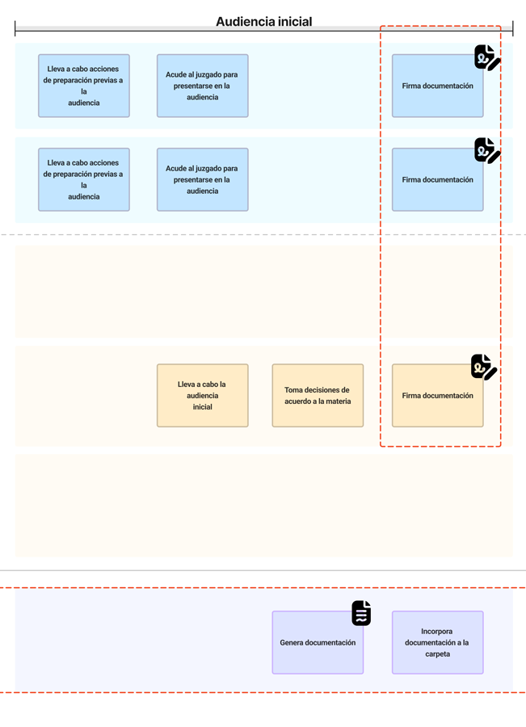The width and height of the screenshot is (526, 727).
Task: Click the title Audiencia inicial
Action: (x=263, y=22)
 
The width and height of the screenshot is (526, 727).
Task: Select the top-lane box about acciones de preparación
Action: (x=84, y=86)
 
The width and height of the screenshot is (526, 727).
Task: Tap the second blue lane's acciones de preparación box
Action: (x=84, y=179)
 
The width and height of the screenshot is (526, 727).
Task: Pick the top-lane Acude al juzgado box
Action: (x=202, y=86)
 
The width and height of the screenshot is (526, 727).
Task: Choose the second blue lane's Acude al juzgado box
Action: (x=202, y=179)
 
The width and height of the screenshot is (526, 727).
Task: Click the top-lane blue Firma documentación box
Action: (x=437, y=86)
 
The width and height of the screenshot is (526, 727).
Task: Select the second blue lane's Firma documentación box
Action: (x=437, y=179)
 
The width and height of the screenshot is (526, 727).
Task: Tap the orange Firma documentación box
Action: (x=437, y=396)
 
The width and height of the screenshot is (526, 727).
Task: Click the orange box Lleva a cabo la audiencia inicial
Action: (x=202, y=396)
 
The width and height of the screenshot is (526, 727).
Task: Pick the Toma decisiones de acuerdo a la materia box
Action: (x=318, y=396)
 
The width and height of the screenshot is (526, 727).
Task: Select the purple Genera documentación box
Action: (x=318, y=643)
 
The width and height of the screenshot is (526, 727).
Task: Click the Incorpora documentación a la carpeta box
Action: (x=437, y=643)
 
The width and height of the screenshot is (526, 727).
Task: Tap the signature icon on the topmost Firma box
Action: (x=486, y=57)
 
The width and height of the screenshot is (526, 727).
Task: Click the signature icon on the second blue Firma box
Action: (x=486, y=150)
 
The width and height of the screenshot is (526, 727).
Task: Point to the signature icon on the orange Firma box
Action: (x=483, y=367)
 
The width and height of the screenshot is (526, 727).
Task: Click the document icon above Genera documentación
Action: (x=361, y=613)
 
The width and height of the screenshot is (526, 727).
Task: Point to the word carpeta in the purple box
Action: (x=437, y=654)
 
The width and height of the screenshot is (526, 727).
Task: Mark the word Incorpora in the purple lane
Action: (x=437, y=632)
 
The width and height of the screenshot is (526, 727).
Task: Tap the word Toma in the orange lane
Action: (x=292, y=390)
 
